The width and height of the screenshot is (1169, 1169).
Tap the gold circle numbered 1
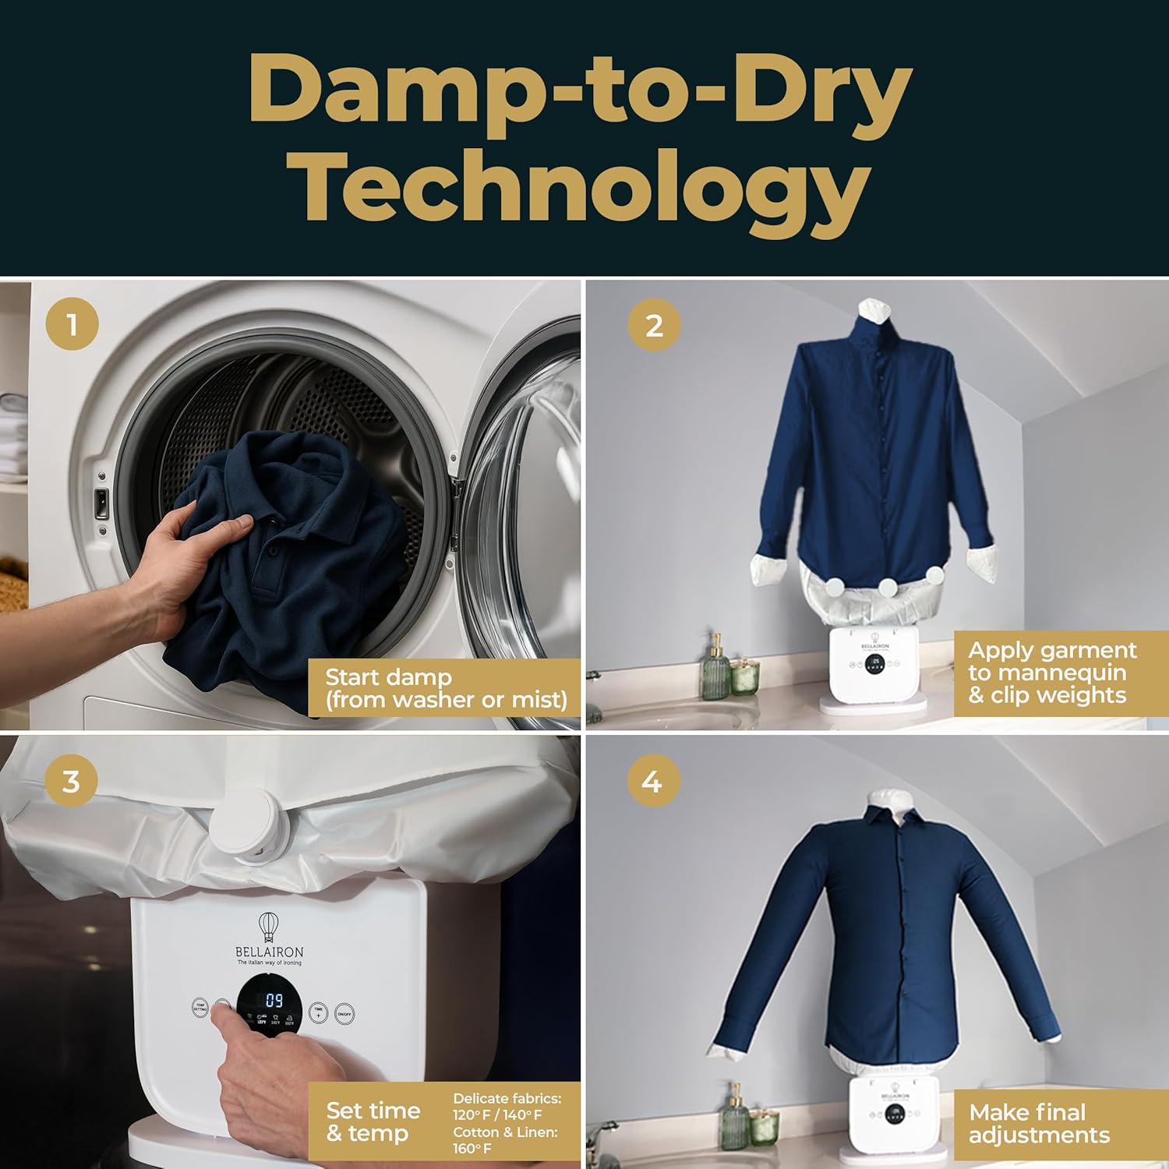pyautogui.click(x=72, y=323)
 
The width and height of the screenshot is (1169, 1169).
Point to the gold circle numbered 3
pyautogui.click(x=71, y=780)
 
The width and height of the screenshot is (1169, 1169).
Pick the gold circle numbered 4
pyautogui.click(x=652, y=780)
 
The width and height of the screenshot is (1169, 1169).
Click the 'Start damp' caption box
pyautogui.click(x=445, y=688)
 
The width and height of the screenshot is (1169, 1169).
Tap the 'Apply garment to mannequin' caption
pyautogui.click(x=1052, y=673)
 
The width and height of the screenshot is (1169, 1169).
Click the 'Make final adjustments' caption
pyautogui.click(x=1039, y=1123)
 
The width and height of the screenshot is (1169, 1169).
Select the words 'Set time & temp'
pyautogui.click(x=373, y=1121)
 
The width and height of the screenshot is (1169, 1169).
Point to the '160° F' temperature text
pyautogui.click(x=472, y=1149)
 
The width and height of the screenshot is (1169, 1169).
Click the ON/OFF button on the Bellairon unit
pyautogui.click(x=344, y=1013)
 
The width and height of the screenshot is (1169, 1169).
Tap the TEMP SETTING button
pyautogui.click(x=200, y=1007)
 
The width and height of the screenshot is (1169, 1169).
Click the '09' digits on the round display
pyautogui.click(x=274, y=1000)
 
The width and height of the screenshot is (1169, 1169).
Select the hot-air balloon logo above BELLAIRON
pyautogui.click(x=269, y=926)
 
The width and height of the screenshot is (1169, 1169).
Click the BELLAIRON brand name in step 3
pyautogui.click(x=269, y=952)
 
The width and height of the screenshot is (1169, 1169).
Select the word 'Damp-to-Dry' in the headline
pyautogui.click(x=580, y=91)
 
